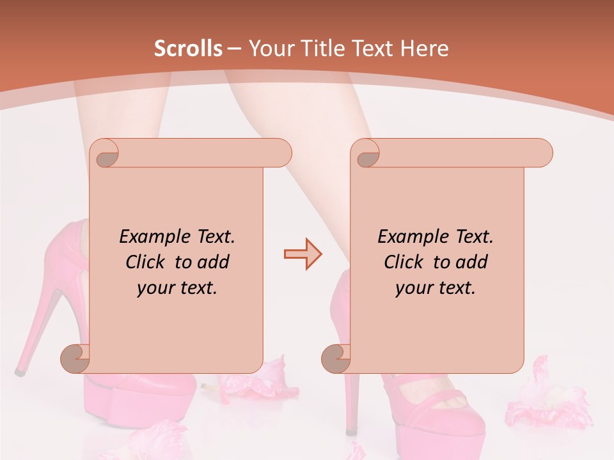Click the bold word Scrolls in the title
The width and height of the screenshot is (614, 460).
click(188, 49)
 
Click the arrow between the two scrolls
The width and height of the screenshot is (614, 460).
click(303, 254)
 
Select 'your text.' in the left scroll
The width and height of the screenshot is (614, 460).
click(177, 287)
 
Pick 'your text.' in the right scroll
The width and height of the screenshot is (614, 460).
click(436, 287)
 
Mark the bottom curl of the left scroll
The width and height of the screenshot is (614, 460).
click(75, 358)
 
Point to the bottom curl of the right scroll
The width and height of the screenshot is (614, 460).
click(336, 358)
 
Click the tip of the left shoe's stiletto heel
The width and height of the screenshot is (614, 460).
click(20, 370)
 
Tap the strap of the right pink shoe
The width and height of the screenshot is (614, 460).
click(441, 401)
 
